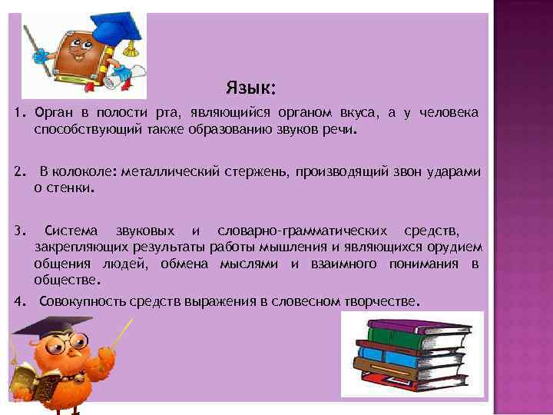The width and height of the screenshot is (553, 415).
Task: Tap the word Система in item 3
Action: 71,231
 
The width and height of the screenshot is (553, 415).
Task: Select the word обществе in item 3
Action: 63,281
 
